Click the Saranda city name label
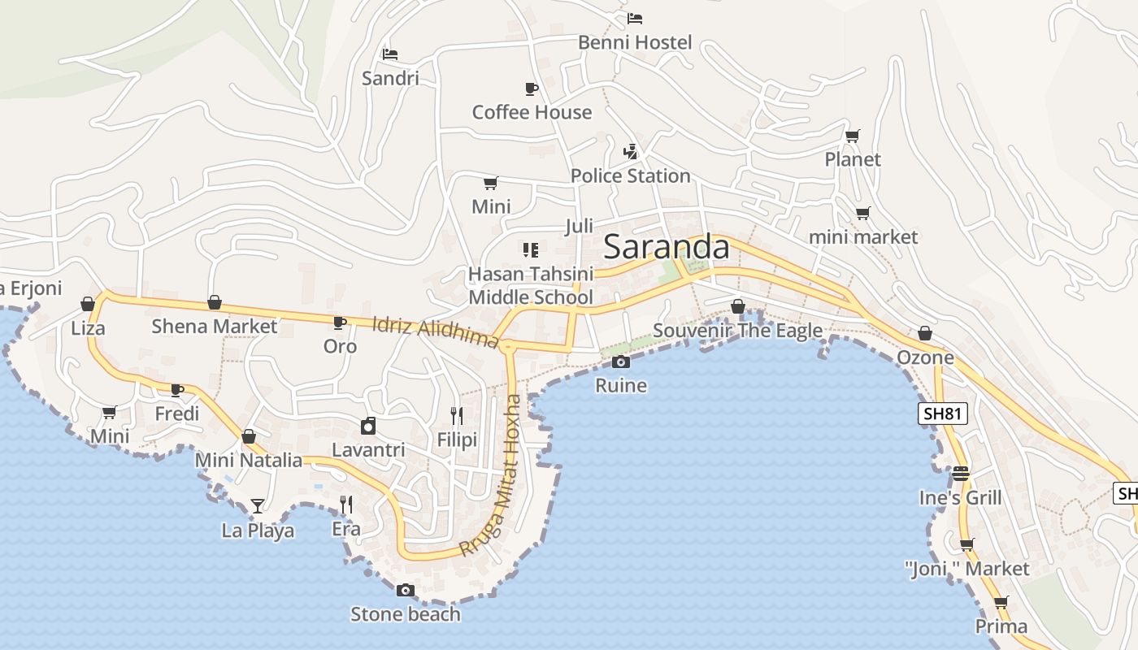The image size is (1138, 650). tap(667, 247)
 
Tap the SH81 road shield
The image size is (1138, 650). tap(943, 414)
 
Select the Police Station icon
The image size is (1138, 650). tap(630, 151)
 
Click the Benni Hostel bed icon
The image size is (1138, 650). tap(635, 18)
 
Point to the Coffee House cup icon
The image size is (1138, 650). tap(531, 89)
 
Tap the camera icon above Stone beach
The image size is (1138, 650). tap(406, 590)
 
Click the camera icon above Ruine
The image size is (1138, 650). tap(621, 362)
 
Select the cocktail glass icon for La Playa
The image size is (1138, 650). tap(258, 506)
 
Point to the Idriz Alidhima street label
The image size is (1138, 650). tap(435, 332)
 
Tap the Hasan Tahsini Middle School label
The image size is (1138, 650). tap(531, 286)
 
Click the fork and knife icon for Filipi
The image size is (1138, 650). tap(457, 416)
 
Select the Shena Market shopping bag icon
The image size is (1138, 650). tap(215, 302)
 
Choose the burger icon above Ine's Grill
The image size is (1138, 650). tap(961, 474)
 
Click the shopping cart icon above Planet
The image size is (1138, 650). tap(852, 136)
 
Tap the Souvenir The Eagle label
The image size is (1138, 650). tap(737, 331)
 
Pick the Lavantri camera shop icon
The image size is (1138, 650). tap(368, 426)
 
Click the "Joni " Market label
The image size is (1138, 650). tap(966, 569)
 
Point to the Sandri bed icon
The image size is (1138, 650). tap(390, 54)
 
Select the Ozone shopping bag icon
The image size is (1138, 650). tap(925, 333)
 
